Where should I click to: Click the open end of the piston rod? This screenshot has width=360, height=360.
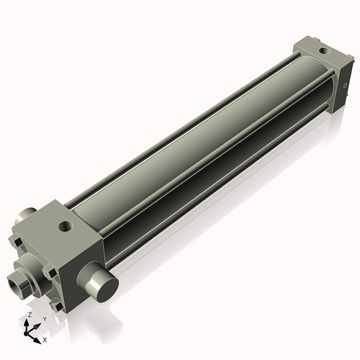click(16, 279)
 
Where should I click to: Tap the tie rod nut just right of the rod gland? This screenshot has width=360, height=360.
click(49, 272)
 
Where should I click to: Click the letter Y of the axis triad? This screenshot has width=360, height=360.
click(44, 318)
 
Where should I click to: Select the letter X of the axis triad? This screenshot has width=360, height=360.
click(45, 338)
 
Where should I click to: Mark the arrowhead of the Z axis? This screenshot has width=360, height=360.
click(28, 322)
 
